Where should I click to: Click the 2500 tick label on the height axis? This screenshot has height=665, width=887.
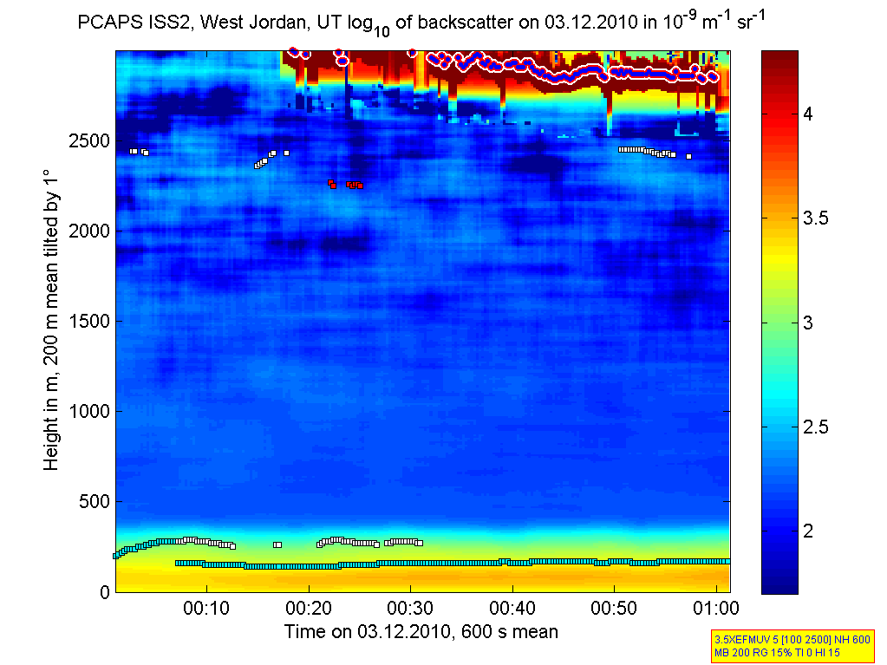[x=88, y=140]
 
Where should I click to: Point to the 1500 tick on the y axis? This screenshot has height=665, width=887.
[x=88, y=321]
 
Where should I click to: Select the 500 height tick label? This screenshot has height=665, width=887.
[x=94, y=501]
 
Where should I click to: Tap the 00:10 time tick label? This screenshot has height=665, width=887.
[x=205, y=609]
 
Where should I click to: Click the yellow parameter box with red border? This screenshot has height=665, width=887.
[x=791, y=646]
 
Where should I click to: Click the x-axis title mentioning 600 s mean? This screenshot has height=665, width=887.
[x=421, y=631]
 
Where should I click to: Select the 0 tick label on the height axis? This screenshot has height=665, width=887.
[x=104, y=592]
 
